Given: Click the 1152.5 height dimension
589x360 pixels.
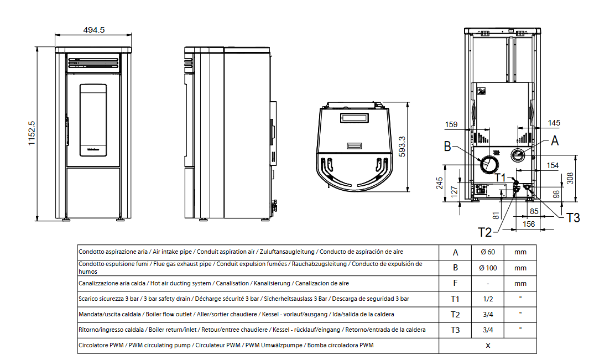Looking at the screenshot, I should point(32,133).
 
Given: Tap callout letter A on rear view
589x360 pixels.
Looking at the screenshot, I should point(555,141).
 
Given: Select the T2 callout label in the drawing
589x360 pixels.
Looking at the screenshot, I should point(484,232).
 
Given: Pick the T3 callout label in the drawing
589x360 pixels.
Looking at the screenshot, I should point(572,217).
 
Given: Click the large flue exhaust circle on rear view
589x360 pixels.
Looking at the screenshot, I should point(489,164).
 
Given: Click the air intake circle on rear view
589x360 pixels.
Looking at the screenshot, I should point(518,154).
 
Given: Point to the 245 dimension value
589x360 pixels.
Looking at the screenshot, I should point(440,183).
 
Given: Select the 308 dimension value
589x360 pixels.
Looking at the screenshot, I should point(570,178).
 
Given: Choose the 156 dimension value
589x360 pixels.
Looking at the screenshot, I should point(529,224).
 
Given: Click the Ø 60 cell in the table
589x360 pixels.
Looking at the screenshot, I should point(488,252).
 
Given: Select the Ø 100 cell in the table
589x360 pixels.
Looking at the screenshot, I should point(488,268).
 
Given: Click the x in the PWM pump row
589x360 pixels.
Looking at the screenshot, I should point(487,345).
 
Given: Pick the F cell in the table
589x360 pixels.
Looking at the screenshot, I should point(455,283).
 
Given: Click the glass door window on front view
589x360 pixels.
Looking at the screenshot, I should point(93,119).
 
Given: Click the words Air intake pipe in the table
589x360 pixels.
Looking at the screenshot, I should point(171,252).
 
